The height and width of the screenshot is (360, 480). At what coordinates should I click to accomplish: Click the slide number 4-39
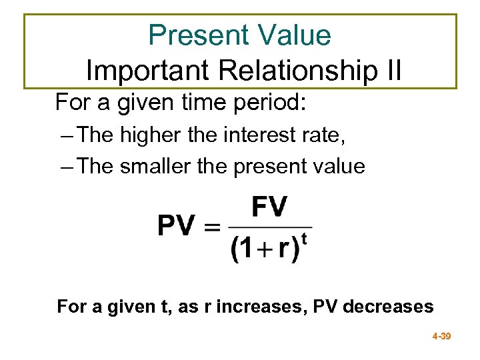click(441, 337)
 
